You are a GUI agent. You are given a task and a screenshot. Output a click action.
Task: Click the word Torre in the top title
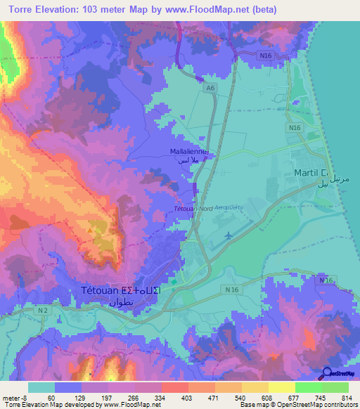tap(18, 10)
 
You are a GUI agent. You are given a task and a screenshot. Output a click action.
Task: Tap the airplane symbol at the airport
tap(229, 235)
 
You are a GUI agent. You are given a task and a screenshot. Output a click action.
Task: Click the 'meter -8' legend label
tap(15, 397)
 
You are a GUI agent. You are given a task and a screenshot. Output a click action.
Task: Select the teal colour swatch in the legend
tap(41, 387)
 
